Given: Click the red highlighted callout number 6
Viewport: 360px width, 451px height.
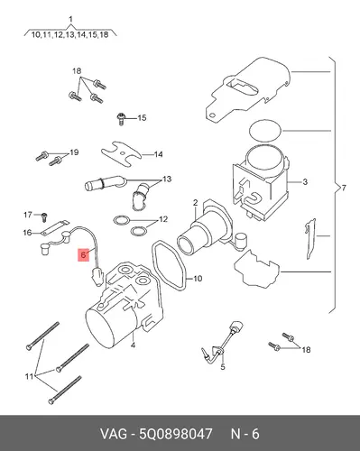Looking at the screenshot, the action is [83, 255].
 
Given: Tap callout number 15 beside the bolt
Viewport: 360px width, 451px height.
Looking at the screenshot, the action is [142, 118].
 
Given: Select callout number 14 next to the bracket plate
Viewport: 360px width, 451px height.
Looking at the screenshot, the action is [158, 154].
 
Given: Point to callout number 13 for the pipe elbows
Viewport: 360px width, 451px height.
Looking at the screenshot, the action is [167, 179].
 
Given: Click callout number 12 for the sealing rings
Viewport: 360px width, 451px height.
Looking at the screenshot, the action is [163, 219].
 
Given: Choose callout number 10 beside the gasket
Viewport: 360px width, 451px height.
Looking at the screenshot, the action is [198, 279].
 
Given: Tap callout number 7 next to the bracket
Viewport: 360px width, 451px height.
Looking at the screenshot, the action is [344, 189].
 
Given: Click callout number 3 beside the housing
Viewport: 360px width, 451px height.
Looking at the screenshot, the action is [305, 182].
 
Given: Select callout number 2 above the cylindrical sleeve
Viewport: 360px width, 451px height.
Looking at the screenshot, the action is [195, 203].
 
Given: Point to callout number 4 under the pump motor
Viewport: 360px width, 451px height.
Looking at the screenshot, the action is [133, 345].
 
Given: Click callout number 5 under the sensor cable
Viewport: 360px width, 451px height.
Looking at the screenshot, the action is [223, 367].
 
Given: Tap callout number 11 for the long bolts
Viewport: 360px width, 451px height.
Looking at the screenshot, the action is [29, 376].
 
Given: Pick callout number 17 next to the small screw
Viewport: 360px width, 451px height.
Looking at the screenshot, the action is [28, 215].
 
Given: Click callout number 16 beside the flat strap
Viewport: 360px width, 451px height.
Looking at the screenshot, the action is [27, 233].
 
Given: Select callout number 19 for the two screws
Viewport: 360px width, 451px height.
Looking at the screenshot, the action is [74, 152].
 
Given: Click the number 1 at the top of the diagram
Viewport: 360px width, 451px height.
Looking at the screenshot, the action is [70, 20].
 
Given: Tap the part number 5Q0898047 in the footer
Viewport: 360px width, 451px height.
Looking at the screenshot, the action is [176, 434].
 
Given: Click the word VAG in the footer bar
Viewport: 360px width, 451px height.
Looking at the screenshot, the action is [114, 434].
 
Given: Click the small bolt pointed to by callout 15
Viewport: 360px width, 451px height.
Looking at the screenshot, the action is [121, 119].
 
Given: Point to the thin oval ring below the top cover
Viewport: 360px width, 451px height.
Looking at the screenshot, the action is [265, 131].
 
